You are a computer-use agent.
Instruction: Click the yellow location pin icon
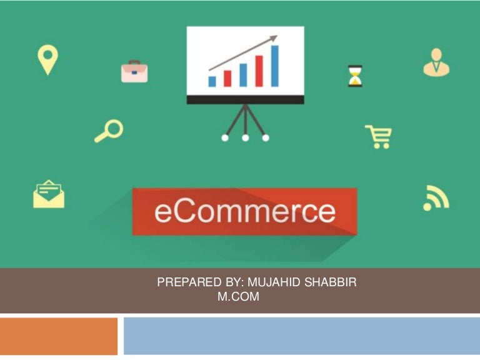[47, 59]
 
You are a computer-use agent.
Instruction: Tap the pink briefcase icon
[134, 71]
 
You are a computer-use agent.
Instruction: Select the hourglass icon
[355, 76]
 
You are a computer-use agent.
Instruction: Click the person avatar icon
[436, 62]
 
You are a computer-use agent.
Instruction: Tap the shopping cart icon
[379, 136]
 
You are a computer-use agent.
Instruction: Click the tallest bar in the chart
[274, 66]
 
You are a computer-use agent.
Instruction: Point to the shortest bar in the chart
[212, 81]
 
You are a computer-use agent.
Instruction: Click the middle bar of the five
[243, 74]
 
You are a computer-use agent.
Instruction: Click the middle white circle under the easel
[245, 137]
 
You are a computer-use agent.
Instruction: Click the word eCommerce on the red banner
[244, 211]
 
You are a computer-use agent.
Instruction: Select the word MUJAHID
[273, 282]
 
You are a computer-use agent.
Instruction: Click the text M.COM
[237, 297]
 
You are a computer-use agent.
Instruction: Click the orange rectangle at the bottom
[58, 336]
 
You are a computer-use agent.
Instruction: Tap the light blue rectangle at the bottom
[301, 336]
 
